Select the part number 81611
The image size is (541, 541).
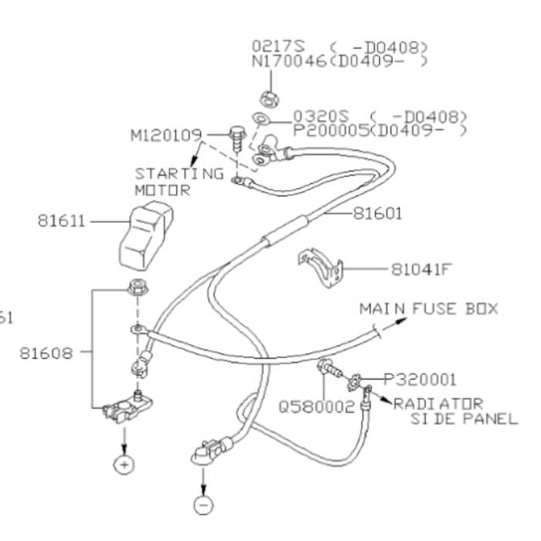[x=62, y=220]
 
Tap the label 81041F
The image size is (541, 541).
[x=420, y=270]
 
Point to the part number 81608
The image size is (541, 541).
[x=46, y=353]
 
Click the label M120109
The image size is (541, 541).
[x=164, y=136]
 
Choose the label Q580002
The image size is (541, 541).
[x=317, y=403]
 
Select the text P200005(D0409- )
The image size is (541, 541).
[x=379, y=130]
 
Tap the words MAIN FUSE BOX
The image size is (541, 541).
[x=429, y=309]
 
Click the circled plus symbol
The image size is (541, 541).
[x=124, y=464]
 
